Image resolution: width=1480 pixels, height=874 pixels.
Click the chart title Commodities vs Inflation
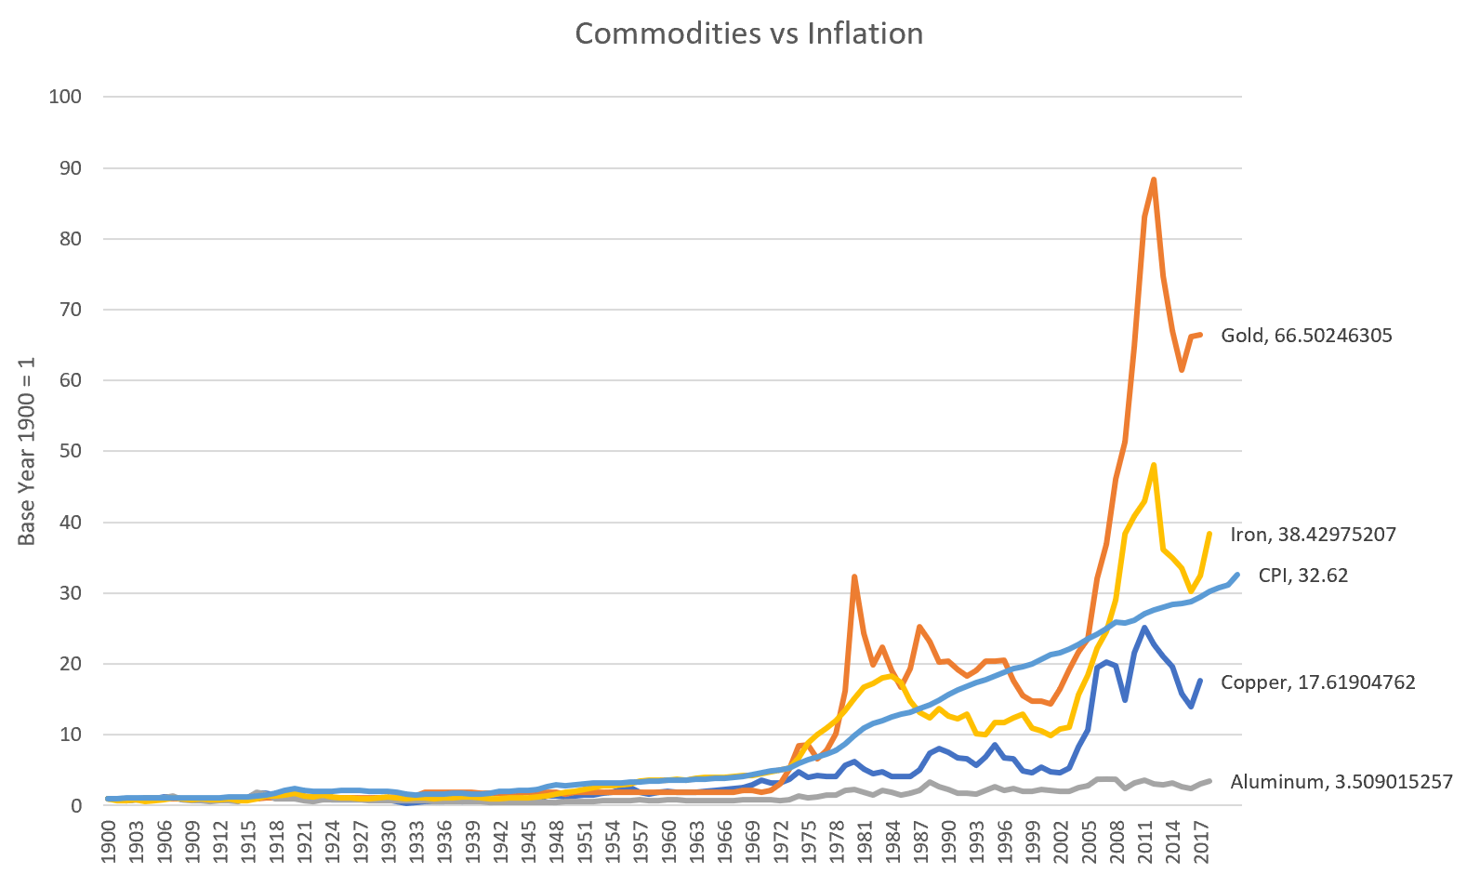748,33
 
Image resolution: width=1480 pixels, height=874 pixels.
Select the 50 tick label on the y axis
70,451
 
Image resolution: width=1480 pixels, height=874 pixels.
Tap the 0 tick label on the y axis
75,805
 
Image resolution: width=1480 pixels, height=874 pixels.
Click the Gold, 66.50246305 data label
1306,336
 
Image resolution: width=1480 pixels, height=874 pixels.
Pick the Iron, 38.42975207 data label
1313,535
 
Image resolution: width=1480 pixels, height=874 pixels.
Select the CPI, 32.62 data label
1302,576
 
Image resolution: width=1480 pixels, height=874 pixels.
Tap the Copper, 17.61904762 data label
1317,682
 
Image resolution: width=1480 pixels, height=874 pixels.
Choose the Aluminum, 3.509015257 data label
1341,782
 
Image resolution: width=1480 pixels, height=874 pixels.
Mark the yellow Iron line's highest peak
1154,465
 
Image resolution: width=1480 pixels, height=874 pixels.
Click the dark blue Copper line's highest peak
1144,628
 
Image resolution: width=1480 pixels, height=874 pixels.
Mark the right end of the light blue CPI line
1238,575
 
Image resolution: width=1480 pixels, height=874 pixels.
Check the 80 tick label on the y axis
70,239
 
